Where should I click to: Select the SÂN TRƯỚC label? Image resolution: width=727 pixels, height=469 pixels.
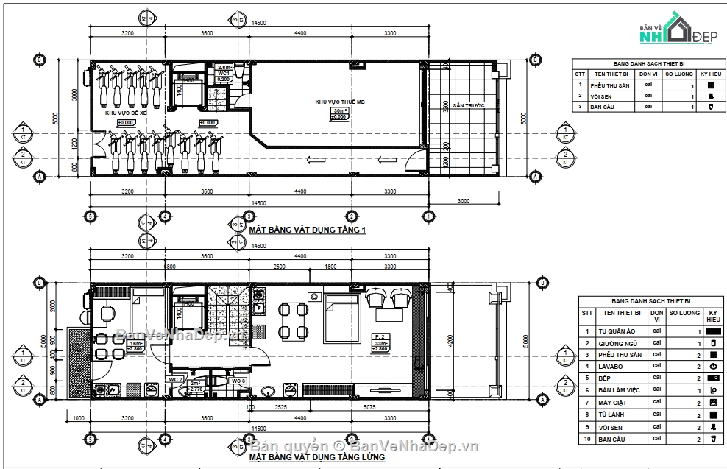click(x=468, y=106)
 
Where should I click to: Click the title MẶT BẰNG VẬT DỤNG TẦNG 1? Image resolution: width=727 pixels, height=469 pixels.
click(x=308, y=230)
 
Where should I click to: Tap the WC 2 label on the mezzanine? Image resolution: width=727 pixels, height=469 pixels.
click(x=176, y=381)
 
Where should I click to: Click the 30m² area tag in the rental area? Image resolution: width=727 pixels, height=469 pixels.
click(x=339, y=110)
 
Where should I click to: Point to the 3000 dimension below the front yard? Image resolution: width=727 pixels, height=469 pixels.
click(x=464, y=200)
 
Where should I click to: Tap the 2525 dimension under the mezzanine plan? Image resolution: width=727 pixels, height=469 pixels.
click(x=280, y=406)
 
